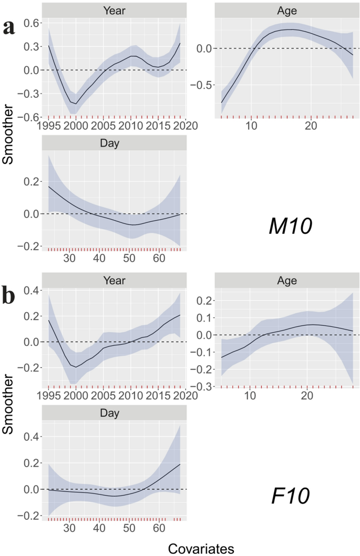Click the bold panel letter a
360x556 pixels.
[9, 27]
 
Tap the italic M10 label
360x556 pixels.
[290, 226]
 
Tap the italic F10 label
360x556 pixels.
[291, 495]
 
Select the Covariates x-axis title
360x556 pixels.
[201, 548]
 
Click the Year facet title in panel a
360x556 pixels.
[114, 10]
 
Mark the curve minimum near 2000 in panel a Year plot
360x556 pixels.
[76, 104]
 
